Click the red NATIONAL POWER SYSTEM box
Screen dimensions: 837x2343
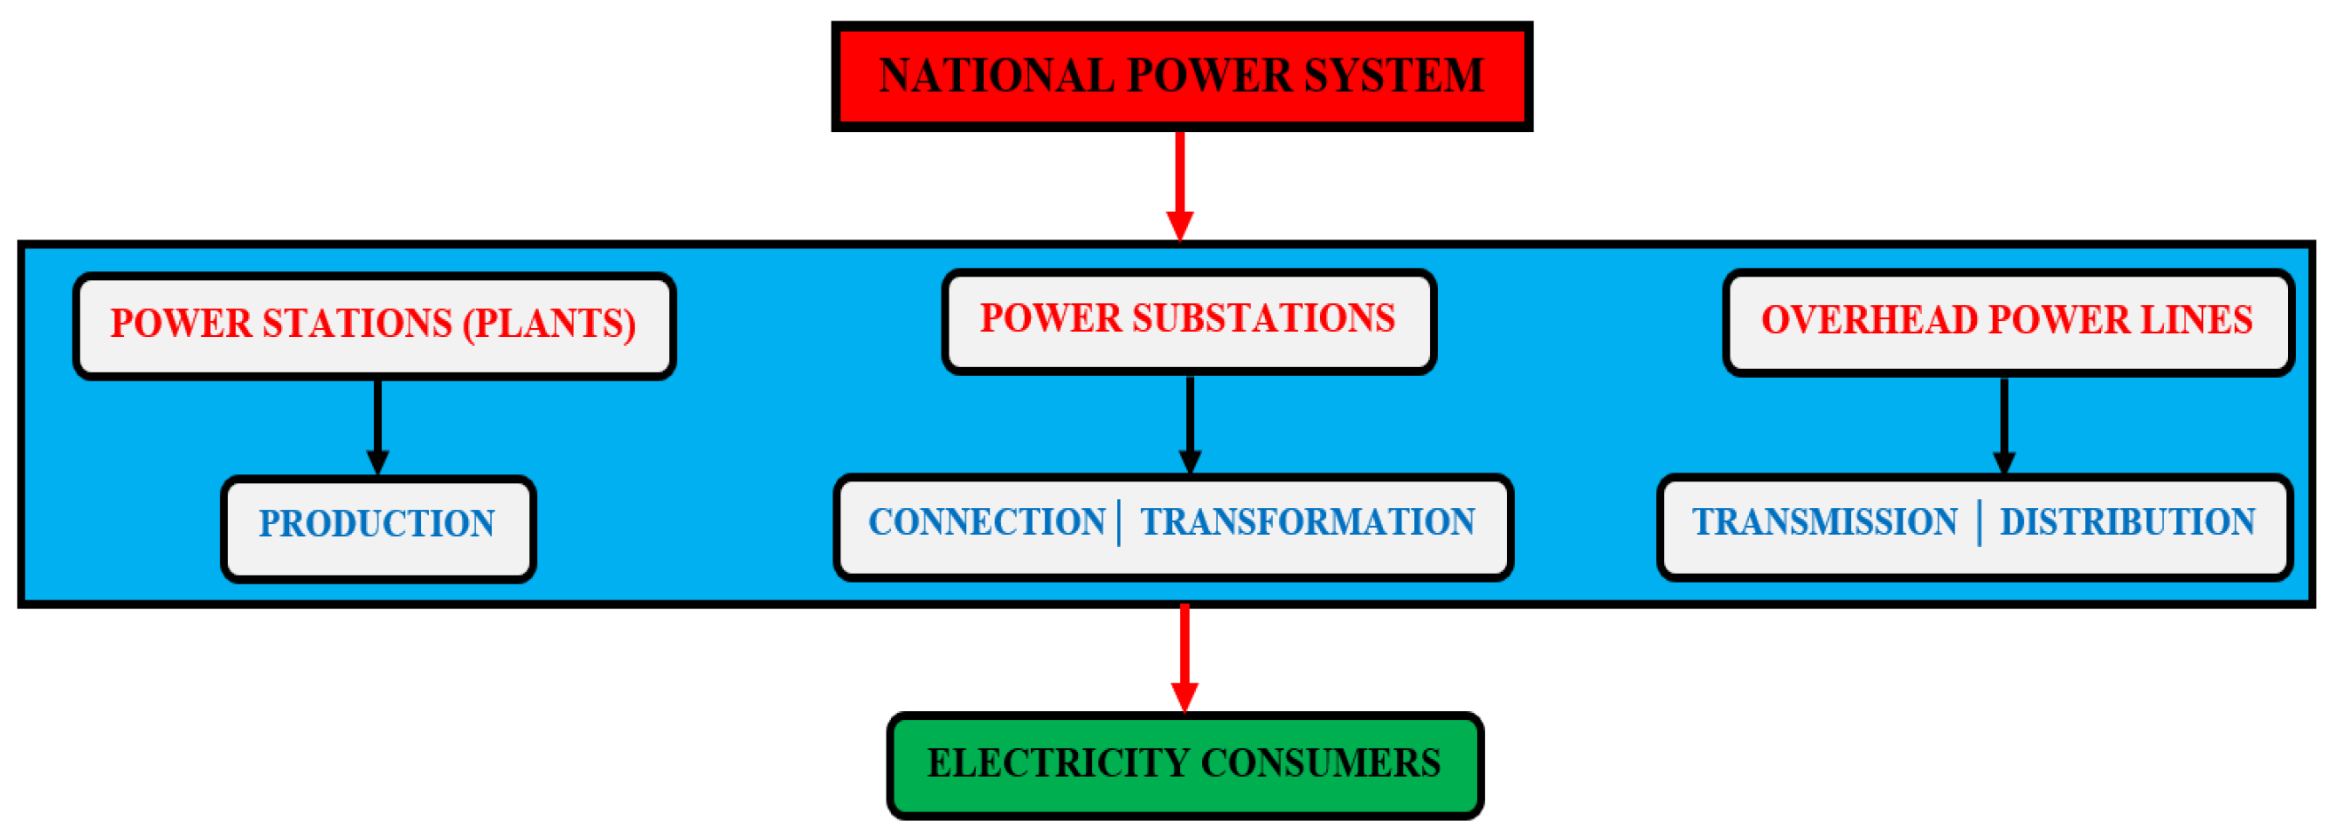point(1181,76)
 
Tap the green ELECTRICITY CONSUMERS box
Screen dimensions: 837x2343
point(1184,764)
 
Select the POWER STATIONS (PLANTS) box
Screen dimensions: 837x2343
point(374,325)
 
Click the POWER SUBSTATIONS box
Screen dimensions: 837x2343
point(1188,320)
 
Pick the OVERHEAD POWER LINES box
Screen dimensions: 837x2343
point(2006,321)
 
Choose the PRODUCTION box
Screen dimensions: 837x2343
point(378,526)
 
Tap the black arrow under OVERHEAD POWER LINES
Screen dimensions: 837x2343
point(2003,425)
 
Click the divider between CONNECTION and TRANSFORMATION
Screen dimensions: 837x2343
point(1120,523)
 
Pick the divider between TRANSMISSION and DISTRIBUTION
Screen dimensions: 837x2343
point(1980,523)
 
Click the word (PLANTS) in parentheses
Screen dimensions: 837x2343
point(549,325)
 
